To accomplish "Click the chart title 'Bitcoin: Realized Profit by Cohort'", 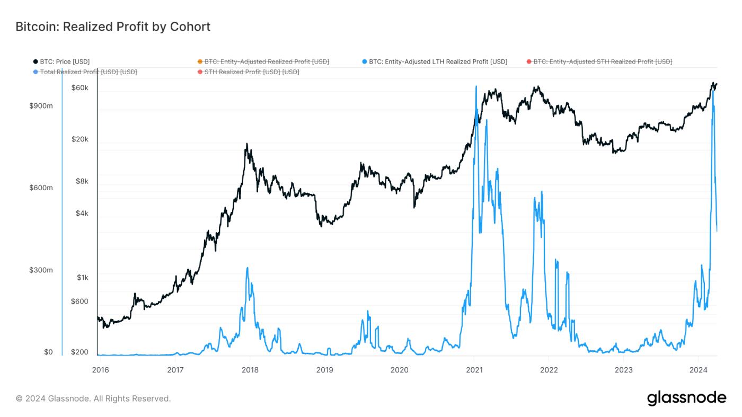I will (x=113, y=26).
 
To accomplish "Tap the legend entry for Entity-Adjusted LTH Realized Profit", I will (x=438, y=62).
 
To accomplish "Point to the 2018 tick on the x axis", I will (x=250, y=369).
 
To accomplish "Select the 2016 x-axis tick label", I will (x=100, y=369).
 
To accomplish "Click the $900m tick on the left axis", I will (x=41, y=106).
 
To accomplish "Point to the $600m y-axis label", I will (x=41, y=188).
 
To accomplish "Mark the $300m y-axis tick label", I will (x=41, y=270).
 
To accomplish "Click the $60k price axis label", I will (x=80, y=88).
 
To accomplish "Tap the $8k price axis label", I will (x=82, y=181).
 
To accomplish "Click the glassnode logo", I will (x=686, y=398).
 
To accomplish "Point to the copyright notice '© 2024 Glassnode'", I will (x=93, y=398).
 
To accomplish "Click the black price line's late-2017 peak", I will (x=246, y=144).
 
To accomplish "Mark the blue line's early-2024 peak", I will (x=713, y=90).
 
